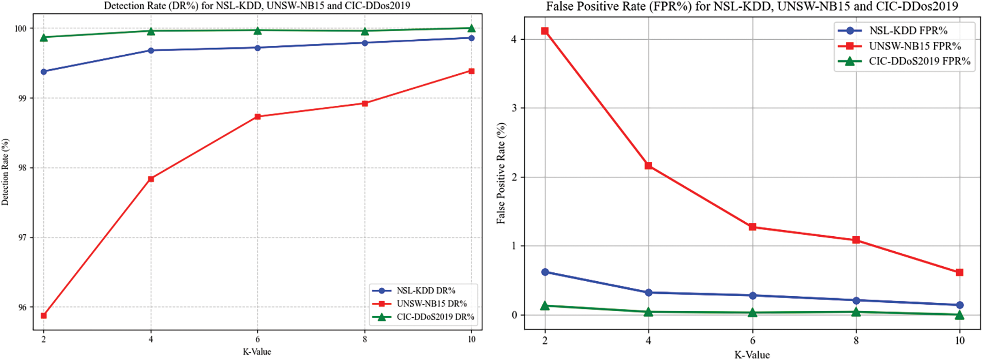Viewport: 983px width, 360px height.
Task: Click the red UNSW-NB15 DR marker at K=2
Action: pyautogui.click(x=44, y=315)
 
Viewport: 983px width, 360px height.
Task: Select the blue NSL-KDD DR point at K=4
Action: pyautogui.click(x=151, y=51)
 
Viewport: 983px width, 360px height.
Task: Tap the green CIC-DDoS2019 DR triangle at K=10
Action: pyautogui.click(x=471, y=28)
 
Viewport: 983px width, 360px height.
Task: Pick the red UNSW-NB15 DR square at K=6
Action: pyautogui.click(x=257, y=117)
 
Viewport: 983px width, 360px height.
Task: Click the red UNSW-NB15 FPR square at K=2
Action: pyautogui.click(x=545, y=31)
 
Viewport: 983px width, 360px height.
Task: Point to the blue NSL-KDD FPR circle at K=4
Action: pyautogui.click(x=649, y=292)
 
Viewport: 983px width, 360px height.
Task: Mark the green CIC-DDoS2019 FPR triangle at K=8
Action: pyautogui.click(x=856, y=312)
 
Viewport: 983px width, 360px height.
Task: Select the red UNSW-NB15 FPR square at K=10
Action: pyautogui.click(x=960, y=272)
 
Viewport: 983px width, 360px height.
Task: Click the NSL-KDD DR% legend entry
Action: pyautogui.click(x=426, y=291)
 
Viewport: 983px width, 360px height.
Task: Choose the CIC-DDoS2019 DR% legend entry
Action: pyautogui.click(x=435, y=317)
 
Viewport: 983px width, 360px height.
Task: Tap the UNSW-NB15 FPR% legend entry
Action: pyautogui.click(x=915, y=46)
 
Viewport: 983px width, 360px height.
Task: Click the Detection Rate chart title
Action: pyautogui.click(x=257, y=6)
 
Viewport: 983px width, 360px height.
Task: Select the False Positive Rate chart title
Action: pyautogui.click(x=752, y=7)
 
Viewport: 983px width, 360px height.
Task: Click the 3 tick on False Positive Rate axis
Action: pyautogui.click(x=514, y=108)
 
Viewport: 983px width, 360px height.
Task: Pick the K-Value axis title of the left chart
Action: pyautogui.click(x=257, y=352)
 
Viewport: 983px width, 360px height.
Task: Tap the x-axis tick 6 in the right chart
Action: pyautogui.click(x=752, y=340)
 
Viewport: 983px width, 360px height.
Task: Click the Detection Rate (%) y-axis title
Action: pyautogui.click(x=6, y=172)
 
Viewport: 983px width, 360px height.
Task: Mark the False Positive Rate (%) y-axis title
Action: pyautogui.click(x=501, y=173)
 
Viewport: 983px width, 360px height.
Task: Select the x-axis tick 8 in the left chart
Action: pyautogui.click(x=365, y=339)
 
